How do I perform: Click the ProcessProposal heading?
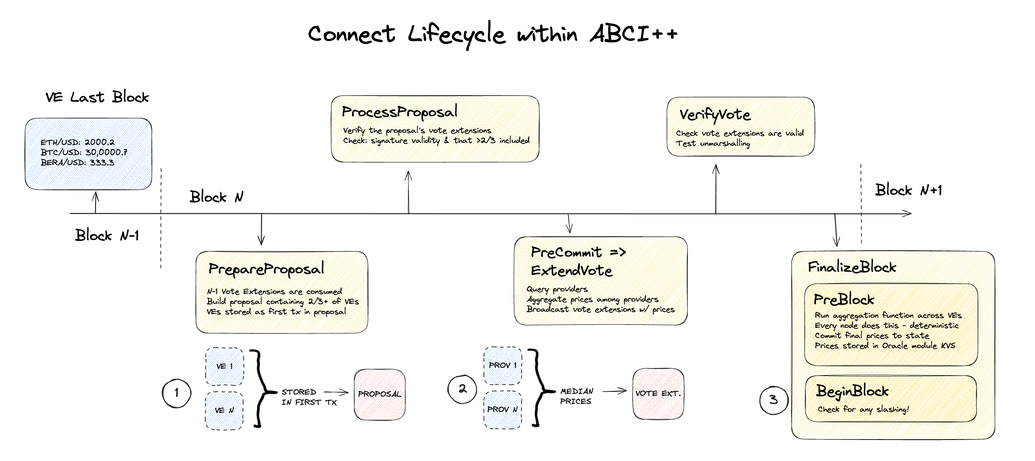[x=399, y=112]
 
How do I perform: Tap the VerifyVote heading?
[x=715, y=115]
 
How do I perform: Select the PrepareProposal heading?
[x=266, y=269]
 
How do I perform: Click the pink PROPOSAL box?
[x=379, y=394]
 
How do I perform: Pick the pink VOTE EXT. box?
[x=658, y=393]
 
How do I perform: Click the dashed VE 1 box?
[x=224, y=366]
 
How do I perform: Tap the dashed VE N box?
[x=224, y=410]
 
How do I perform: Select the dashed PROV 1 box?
[x=503, y=365]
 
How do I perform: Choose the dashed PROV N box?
[x=503, y=409]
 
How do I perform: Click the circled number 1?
[x=177, y=393]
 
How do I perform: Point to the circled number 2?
[x=462, y=389]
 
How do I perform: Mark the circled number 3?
[x=773, y=400]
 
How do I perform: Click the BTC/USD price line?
[x=83, y=152]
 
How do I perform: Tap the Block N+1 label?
[x=908, y=190]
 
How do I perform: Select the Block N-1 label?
[x=107, y=235]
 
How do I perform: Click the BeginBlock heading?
[x=852, y=391]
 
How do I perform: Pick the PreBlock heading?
[x=843, y=300]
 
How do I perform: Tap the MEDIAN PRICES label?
[x=576, y=396]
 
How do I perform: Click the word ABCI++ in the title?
[x=633, y=34]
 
